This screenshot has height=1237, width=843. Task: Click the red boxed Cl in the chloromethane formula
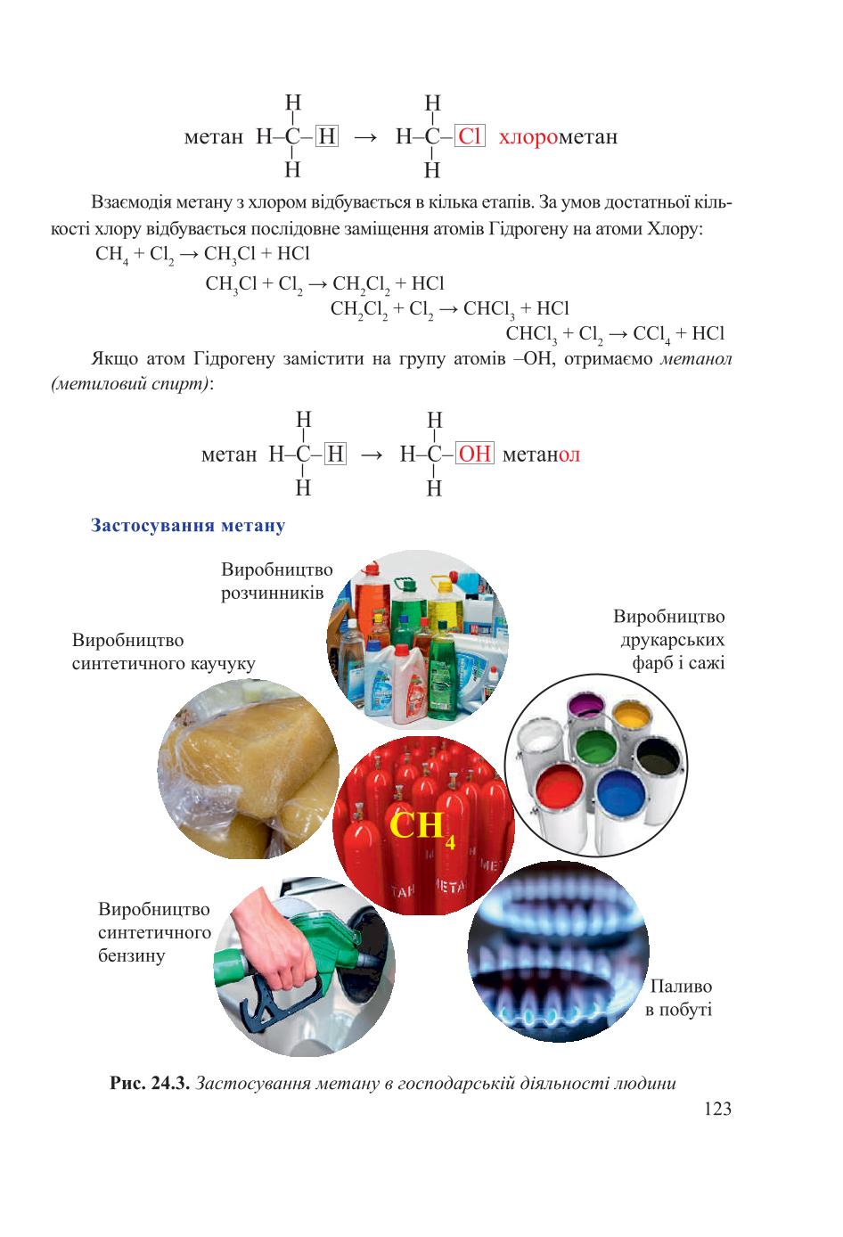pos(470,136)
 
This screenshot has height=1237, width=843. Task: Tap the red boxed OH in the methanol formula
pos(475,454)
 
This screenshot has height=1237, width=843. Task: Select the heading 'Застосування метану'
pos(188,525)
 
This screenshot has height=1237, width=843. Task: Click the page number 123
pos(717,1109)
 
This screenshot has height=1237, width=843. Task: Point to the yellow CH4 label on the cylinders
pos(423,828)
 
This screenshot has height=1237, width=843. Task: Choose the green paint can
pos(596,749)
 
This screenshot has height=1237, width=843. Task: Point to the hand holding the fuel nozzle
pos(271,938)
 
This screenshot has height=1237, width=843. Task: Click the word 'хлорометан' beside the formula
pos(558,137)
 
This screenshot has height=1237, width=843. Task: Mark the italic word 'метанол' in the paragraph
pos(697,359)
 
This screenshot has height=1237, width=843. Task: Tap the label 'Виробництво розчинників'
pos(276,581)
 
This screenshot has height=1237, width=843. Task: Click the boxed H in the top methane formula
pos(327,135)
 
